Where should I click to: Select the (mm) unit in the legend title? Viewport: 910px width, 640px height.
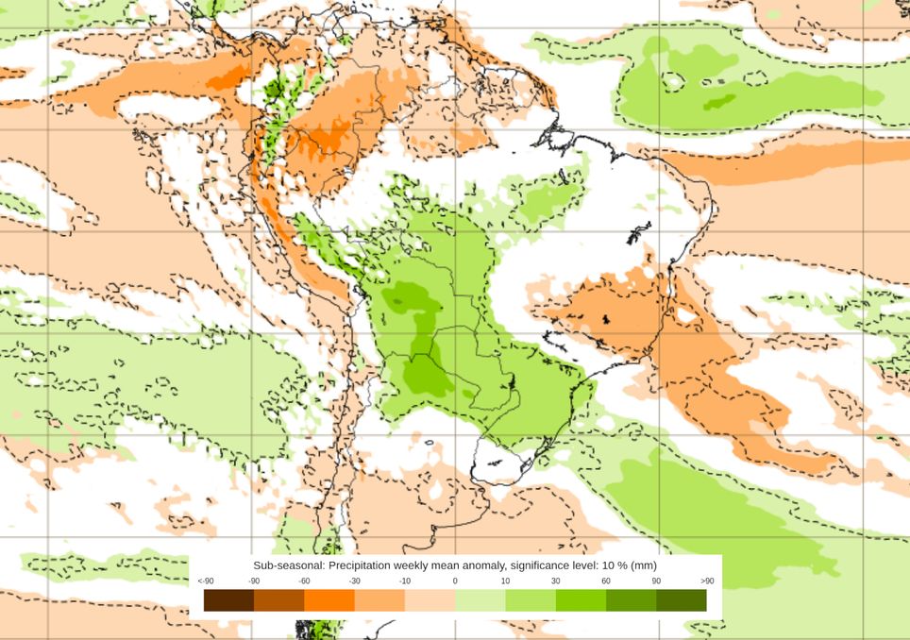tap(645, 564)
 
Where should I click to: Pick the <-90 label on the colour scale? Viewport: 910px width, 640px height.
tap(204, 581)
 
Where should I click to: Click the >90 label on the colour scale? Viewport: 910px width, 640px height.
tap(706, 581)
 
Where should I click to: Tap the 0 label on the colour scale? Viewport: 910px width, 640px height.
tap(455, 581)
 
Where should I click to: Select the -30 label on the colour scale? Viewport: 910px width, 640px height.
tap(354, 581)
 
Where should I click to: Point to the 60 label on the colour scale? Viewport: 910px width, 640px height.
tap(605, 581)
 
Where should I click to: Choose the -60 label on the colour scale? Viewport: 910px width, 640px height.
tap(304, 581)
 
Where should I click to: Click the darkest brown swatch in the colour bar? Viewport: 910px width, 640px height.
tap(228, 599)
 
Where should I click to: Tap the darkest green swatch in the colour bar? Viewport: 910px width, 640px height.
tap(681, 599)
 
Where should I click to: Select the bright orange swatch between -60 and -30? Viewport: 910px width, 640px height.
tap(329, 599)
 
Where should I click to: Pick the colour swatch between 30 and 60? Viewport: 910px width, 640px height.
tap(580, 599)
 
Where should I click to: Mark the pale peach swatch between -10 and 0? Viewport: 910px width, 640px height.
tap(430, 599)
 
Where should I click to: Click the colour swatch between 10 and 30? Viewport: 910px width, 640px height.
tap(530, 599)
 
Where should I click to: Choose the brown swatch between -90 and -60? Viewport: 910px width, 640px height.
tap(278, 599)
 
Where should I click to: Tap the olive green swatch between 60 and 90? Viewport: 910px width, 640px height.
tap(631, 599)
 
